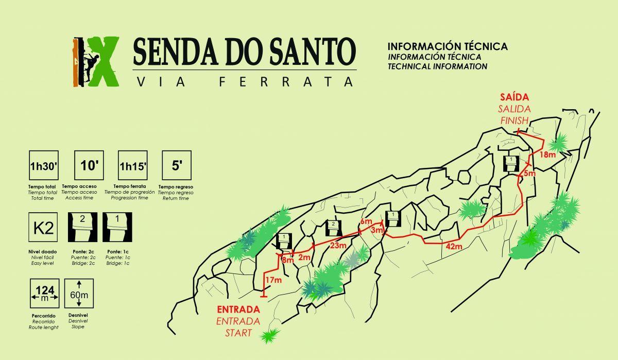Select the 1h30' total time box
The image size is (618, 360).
click(x=43, y=165)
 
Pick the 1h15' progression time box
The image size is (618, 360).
click(x=133, y=165)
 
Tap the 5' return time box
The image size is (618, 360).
click(x=177, y=165)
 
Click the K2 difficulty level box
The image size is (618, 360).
click(x=43, y=228)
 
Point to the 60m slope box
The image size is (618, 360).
click(x=79, y=294)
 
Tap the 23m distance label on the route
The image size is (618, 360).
click(x=338, y=246)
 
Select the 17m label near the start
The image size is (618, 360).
click(x=273, y=280)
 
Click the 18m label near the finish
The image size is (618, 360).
click(x=547, y=155)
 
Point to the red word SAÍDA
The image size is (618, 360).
click(x=514, y=97)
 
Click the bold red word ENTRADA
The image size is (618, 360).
click(x=238, y=310)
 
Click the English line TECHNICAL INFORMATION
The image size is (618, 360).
click(x=437, y=66)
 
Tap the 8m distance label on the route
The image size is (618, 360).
click(x=287, y=261)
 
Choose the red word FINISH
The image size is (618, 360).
click(x=514, y=121)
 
